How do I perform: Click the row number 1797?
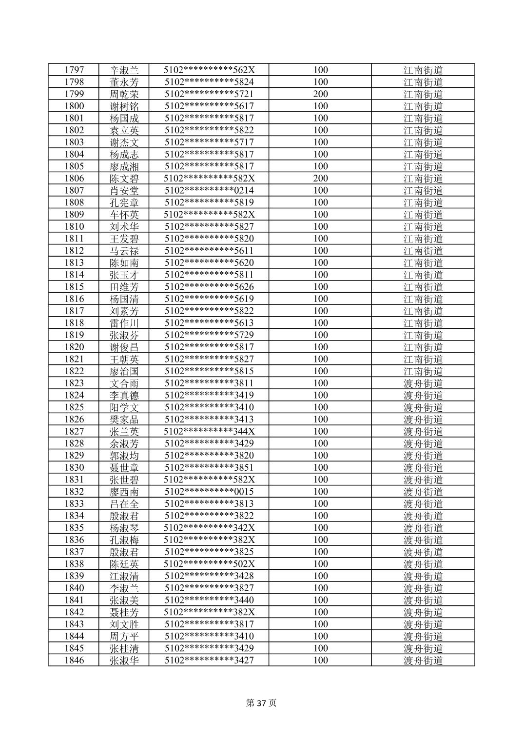point(74,70)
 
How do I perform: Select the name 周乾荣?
point(124,94)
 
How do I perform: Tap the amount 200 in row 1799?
point(320,94)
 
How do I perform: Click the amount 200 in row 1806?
point(320,179)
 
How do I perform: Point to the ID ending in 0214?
point(209,190)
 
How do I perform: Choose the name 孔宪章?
point(124,202)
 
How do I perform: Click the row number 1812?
point(74,251)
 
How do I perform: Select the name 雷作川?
point(124,323)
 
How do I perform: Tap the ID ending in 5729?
point(209,335)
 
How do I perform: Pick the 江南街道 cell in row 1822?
point(423,371)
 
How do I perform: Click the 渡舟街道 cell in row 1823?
point(423,383)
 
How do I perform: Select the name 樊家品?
point(124,420)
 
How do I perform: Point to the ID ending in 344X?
point(209,431)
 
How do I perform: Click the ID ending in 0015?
point(209,492)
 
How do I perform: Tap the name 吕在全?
point(124,504)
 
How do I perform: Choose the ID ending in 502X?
point(209,564)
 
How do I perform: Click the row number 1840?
point(74,588)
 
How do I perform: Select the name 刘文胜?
point(124,624)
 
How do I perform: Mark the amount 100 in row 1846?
point(320,661)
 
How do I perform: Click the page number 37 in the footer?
point(261,703)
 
